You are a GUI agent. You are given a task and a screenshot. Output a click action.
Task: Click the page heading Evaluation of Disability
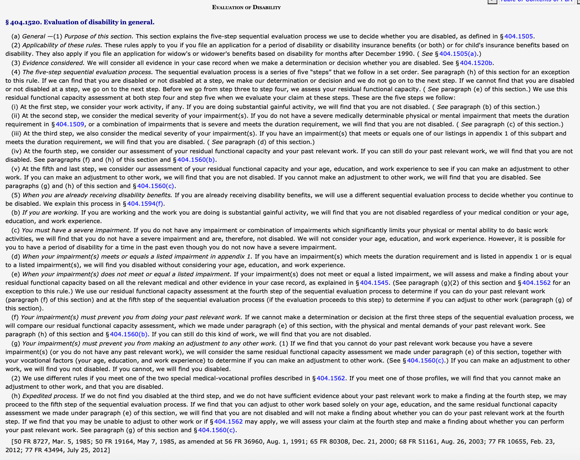coord(246,7)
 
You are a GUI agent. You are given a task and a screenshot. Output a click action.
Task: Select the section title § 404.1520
coord(80,22)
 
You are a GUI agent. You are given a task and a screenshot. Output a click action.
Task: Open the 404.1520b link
coord(476,63)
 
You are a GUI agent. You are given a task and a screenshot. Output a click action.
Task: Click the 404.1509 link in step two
coord(70,124)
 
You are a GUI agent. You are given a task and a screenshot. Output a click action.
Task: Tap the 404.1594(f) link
coord(145,204)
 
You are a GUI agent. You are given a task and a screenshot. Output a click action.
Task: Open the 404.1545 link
coord(374,283)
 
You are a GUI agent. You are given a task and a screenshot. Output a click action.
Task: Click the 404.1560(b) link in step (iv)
coord(196,160)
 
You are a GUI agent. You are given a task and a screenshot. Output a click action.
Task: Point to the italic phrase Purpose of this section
coord(99,36)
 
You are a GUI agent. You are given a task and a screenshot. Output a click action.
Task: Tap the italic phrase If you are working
coord(50,213)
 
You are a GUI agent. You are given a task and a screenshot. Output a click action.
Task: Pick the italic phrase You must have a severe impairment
coord(76,230)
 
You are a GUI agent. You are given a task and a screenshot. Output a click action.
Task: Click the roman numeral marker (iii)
coord(16,134)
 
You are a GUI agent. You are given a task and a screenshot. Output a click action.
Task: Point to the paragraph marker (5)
coord(16,195)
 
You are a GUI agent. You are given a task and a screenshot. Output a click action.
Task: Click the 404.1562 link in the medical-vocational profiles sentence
coord(331,378)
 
